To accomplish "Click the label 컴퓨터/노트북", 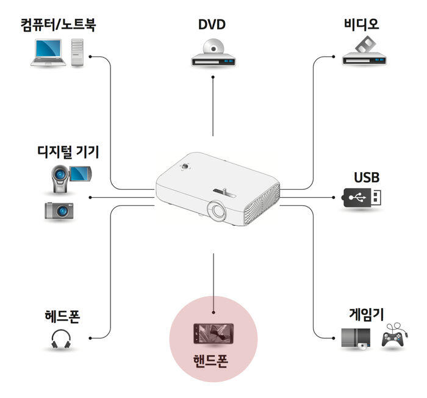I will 58,26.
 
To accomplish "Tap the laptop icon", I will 48,53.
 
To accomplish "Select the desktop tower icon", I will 77,52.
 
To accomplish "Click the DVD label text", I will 212,25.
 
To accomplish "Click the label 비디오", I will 362,25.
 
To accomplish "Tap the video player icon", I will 365,52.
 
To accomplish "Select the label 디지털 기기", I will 68,151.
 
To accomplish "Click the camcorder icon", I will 71,176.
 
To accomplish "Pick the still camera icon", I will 60,210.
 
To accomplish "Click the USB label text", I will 367,178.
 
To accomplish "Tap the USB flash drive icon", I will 364,197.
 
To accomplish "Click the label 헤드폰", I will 62,317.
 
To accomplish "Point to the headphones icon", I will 62,339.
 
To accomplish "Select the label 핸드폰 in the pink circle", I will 213,358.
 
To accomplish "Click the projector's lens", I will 218,210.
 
